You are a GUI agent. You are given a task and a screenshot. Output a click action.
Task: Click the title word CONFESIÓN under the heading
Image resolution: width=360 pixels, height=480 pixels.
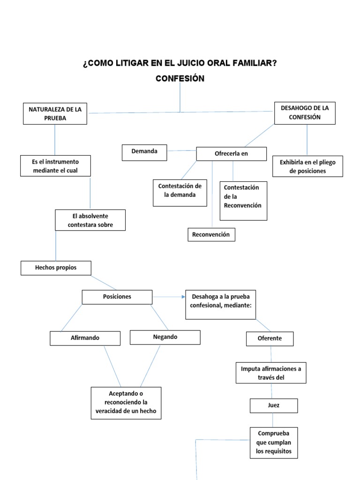180,79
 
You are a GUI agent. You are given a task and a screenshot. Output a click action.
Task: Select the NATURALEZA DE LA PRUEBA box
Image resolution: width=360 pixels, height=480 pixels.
55,113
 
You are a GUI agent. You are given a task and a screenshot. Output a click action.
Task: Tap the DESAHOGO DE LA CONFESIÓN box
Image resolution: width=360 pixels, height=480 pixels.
305,113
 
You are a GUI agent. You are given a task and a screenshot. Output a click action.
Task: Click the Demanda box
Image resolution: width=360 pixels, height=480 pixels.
144,152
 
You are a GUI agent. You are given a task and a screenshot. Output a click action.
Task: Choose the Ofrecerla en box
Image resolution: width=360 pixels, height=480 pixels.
231,154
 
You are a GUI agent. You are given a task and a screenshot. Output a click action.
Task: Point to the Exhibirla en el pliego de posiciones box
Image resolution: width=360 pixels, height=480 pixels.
307,166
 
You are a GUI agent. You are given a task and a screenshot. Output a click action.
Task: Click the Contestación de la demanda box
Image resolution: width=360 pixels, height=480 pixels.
180,192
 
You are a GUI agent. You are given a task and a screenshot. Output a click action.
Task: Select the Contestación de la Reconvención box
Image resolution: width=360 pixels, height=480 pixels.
243,201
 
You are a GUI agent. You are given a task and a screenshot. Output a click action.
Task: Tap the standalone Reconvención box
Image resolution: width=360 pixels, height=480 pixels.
211,234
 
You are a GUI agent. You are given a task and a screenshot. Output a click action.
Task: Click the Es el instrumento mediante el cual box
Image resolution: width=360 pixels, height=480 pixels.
55,166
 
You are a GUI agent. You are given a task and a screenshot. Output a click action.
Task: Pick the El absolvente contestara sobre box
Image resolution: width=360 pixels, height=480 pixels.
90,220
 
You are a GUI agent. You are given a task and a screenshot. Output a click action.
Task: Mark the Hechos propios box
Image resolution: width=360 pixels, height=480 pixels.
56,268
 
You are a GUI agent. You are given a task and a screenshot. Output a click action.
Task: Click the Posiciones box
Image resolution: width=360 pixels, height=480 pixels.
117,297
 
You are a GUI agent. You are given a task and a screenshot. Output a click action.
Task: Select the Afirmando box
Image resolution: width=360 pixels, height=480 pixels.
85,338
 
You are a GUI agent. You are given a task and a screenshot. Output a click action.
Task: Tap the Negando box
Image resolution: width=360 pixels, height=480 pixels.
165,337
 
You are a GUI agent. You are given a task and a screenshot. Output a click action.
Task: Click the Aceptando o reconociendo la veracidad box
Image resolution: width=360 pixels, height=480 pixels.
126,403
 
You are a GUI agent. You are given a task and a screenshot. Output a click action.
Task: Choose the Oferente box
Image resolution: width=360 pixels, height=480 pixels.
270,338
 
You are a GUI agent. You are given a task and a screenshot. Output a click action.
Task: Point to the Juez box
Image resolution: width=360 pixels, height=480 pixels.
274,405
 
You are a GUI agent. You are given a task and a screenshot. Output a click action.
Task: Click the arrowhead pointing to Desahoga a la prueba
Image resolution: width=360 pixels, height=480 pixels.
182,297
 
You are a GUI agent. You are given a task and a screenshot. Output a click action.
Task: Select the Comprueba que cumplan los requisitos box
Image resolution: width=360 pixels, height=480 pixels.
274,442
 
